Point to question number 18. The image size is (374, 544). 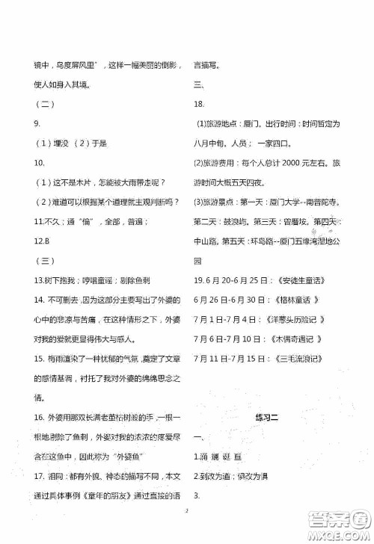click(199, 104)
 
